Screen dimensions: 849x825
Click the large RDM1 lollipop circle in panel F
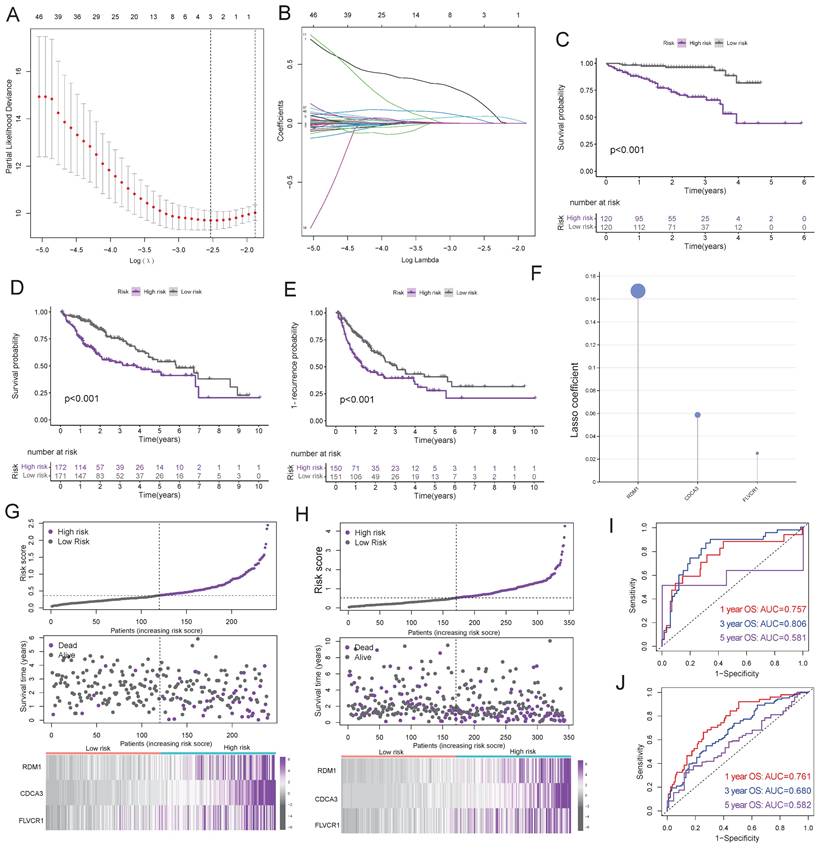pos(638,290)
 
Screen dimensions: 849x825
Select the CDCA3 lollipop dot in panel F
pos(698,414)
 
